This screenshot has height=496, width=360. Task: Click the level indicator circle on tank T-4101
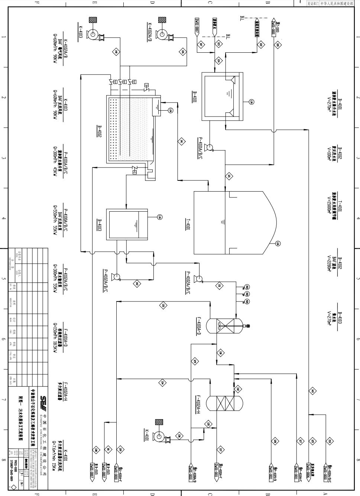coord(277,244)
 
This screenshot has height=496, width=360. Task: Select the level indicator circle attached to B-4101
coord(251,101)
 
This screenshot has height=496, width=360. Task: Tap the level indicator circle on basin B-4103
coord(160,217)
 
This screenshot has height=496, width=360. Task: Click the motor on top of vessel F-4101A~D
coord(247,326)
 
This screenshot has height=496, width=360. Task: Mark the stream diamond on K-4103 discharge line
coord(116,52)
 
